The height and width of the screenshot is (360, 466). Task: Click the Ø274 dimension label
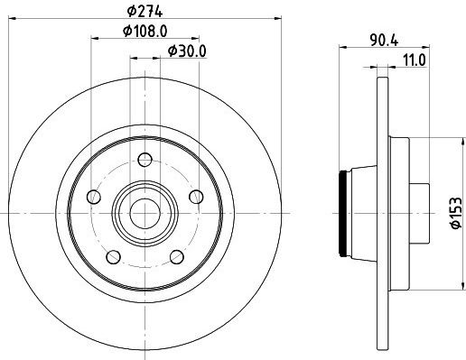tap(144, 12)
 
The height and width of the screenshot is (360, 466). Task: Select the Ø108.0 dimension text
tap(145, 31)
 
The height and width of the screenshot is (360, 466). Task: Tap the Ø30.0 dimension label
tap(187, 51)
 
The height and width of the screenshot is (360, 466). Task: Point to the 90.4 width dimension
tap(384, 41)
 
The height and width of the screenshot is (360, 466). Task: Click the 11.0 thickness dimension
tap(415, 60)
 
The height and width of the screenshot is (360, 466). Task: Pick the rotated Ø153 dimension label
tap(456, 213)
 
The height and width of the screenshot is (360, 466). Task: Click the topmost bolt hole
tap(144, 160)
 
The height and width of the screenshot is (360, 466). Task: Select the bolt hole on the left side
tap(94, 197)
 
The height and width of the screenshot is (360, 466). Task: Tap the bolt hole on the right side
tap(196, 197)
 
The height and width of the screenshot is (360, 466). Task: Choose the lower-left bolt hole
tap(114, 257)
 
